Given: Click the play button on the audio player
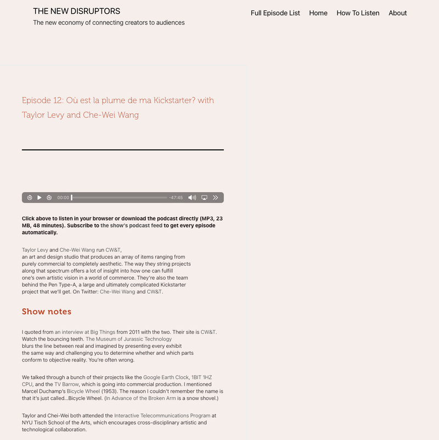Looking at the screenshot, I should pyautogui.click(x=40, y=198).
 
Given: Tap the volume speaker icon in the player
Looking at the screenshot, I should pyautogui.click(x=192, y=198).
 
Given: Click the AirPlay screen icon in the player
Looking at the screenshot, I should pyautogui.click(x=204, y=198).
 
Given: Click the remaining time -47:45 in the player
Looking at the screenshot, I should pyautogui.click(x=176, y=198).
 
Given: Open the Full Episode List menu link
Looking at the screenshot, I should pyautogui.click(x=275, y=13).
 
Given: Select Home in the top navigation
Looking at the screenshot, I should pyautogui.click(x=318, y=13).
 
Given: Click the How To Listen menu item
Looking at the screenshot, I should pyautogui.click(x=358, y=13).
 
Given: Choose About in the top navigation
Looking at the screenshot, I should pyautogui.click(x=398, y=13).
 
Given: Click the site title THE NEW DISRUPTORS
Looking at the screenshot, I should pyautogui.click(x=76, y=11).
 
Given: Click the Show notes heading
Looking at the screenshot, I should pyautogui.click(x=47, y=311).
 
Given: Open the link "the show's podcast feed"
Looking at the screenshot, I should pyautogui.click(x=131, y=226).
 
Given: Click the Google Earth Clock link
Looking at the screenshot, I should pyautogui.click(x=166, y=377).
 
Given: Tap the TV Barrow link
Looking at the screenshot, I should pyautogui.click(x=66, y=385).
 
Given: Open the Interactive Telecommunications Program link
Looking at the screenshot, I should pyautogui.click(x=162, y=416).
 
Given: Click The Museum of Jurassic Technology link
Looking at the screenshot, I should pyautogui.click(x=128, y=339).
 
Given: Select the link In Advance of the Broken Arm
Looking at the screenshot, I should pyautogui.click(x=140, y=398).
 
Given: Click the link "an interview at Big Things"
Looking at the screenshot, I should pyautogui.click(x=85, y=332).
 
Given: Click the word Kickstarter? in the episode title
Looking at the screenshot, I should pyautogui.click(x=184, y=100).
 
